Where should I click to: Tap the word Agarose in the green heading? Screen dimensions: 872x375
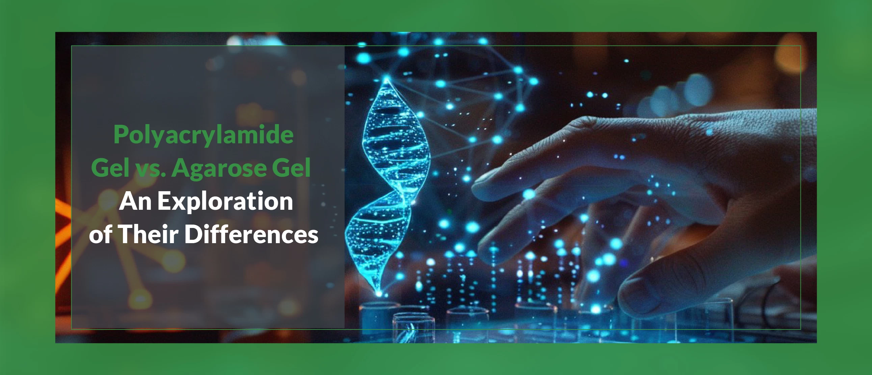point(219,168)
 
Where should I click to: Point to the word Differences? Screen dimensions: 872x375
point(251,234)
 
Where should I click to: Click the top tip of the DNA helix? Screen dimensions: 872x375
point(387,80)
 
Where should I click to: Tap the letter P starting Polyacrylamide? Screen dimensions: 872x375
point(121,134)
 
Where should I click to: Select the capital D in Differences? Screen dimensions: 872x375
point(193,234)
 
